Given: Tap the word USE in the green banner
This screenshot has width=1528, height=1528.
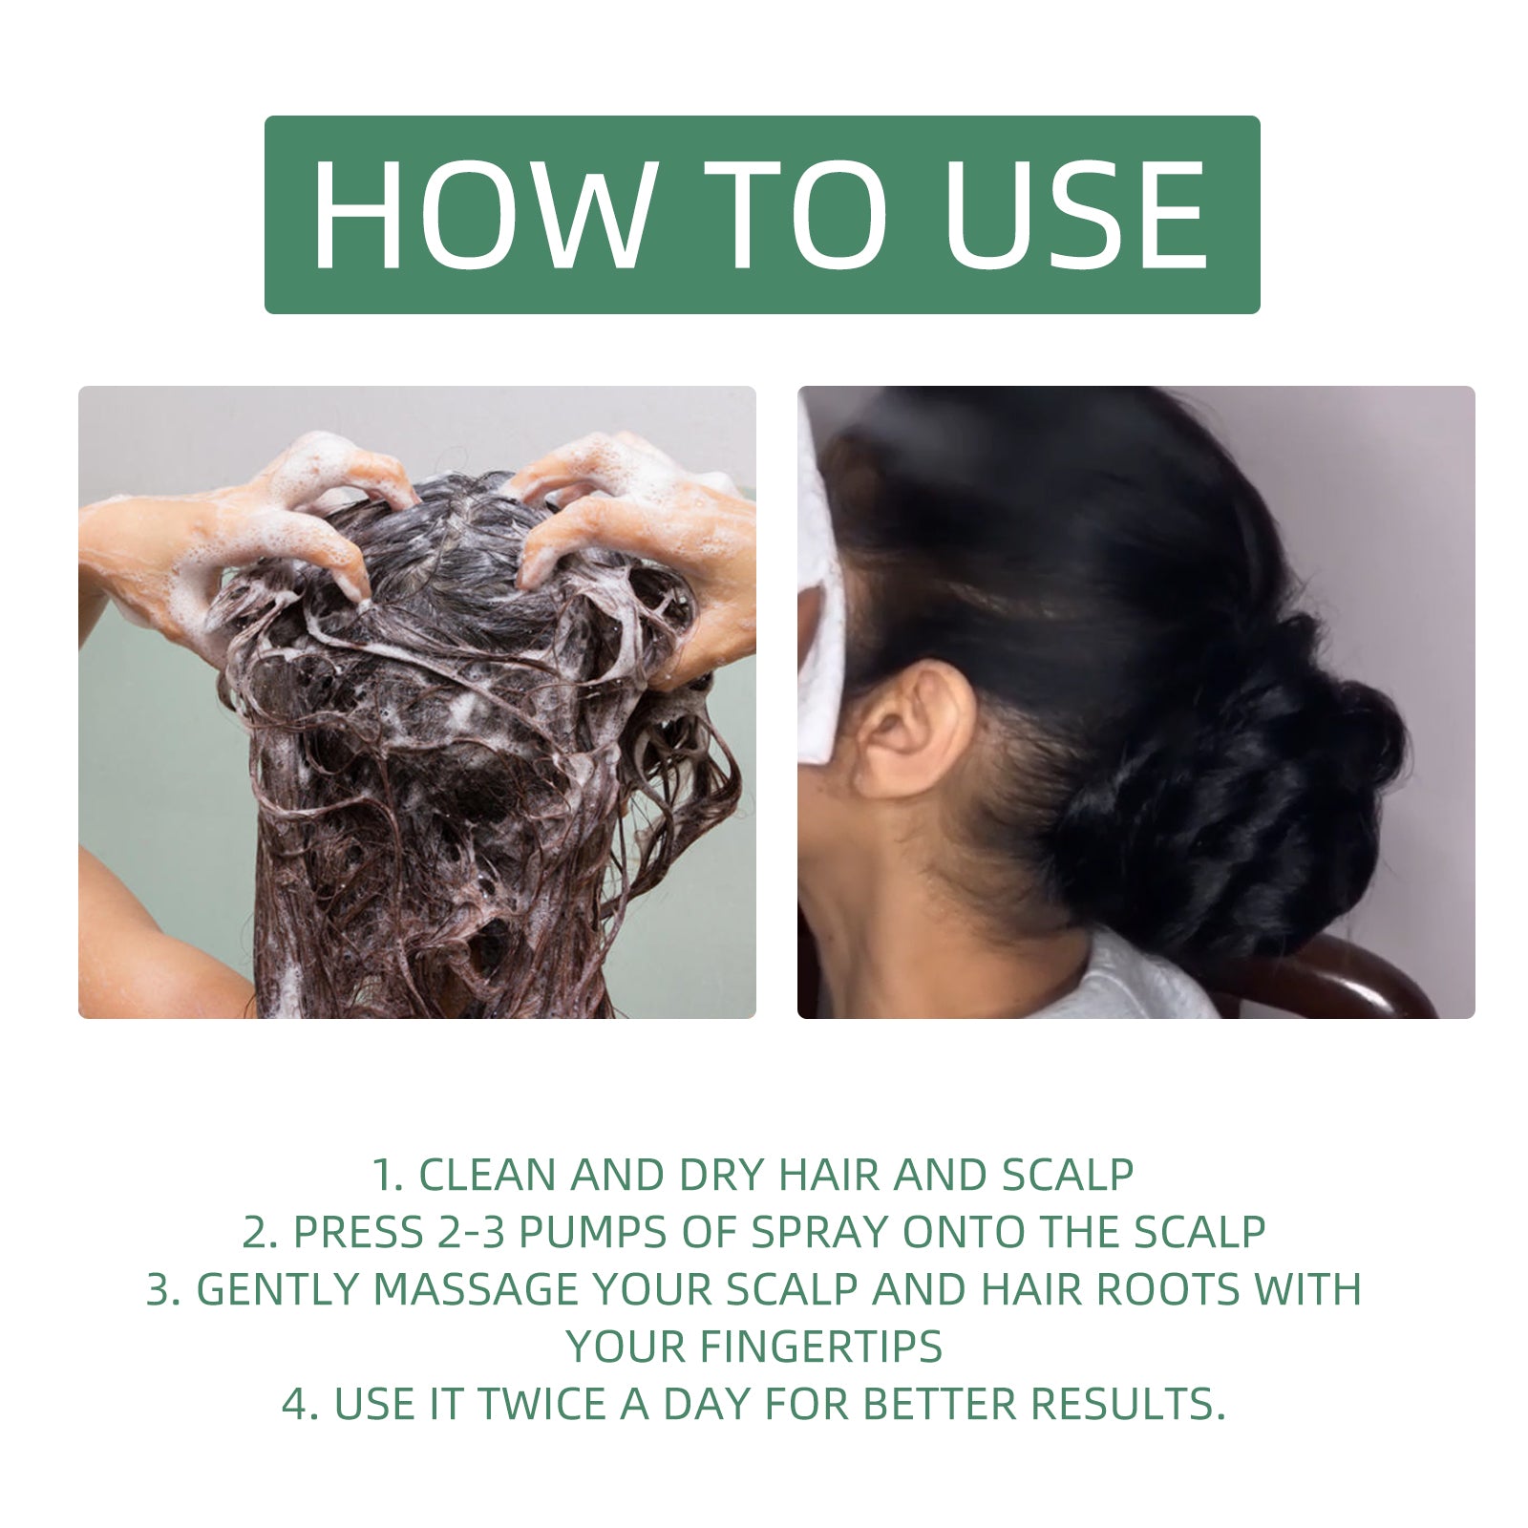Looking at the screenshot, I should click(x=1074, y=215).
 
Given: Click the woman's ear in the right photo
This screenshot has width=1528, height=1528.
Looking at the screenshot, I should click(x=912, y=731).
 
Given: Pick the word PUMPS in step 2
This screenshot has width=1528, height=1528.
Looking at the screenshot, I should click(x=594, y=1233).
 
